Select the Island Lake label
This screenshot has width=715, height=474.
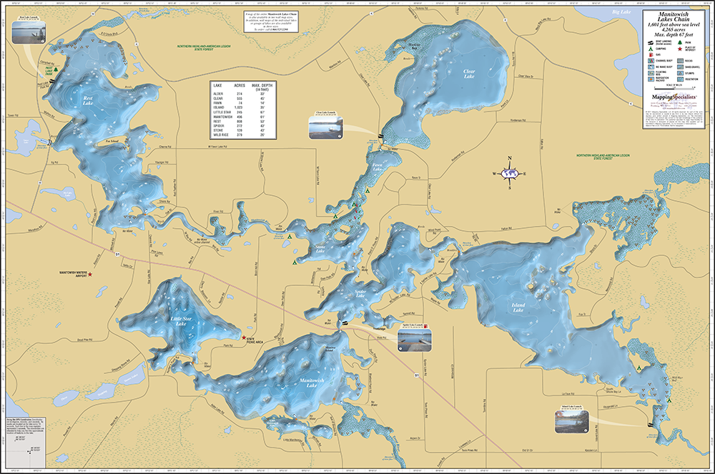click(518, 308)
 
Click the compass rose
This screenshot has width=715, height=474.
click(509, 173)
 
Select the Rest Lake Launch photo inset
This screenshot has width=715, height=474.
click(28, 30)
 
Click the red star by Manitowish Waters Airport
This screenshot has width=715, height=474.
click(90, 275)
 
